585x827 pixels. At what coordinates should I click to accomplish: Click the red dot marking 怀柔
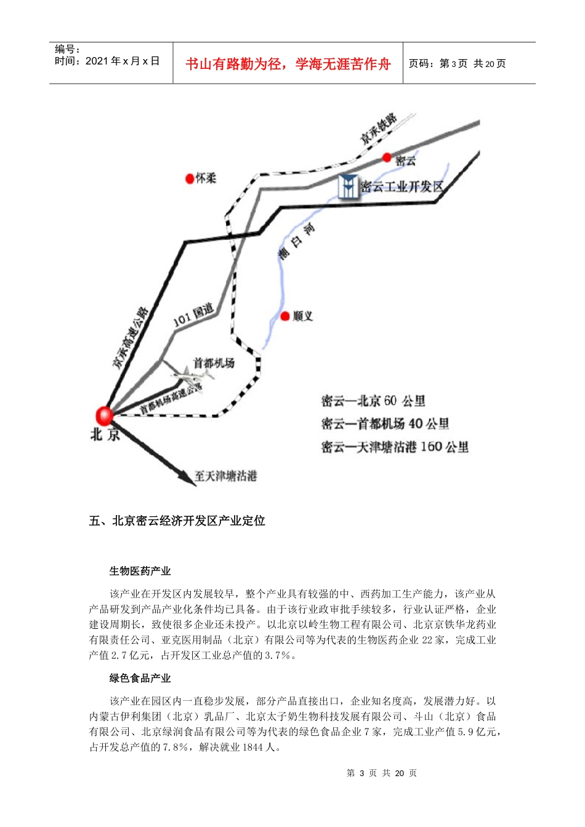click(x=190, y=178)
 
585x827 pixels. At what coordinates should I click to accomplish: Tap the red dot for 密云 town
click(x=387, y=158)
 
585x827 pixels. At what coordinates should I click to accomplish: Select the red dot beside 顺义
click(x=285, y=316)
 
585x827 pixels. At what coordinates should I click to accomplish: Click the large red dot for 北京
click(x=105, y=416)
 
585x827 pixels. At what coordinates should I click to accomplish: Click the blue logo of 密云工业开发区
click(x=348, y=186)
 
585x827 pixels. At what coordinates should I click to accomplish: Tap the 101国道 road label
click(x=193, y=315)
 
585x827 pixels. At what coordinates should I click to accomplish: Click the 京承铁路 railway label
click(x=379, y=129)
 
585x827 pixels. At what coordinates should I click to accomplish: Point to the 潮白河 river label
click(x=296, y=241)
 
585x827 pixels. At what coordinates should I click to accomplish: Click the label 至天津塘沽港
click(x=225, y=476)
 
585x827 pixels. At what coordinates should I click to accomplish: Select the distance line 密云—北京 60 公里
click(x=373, y=401)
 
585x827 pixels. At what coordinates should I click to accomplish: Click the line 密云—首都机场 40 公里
click(x=385, y=424)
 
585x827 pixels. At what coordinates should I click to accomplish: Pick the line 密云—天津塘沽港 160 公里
click(x=395, y=447)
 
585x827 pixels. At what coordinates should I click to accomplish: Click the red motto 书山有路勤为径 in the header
click(x=288, y=64)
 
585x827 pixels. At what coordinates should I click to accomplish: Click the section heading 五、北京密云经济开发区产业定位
click(x=177, y=521)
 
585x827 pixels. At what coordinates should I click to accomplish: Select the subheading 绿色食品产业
click(x=140, y=678)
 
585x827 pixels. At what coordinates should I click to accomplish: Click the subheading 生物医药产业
click(x=140, y=571)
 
